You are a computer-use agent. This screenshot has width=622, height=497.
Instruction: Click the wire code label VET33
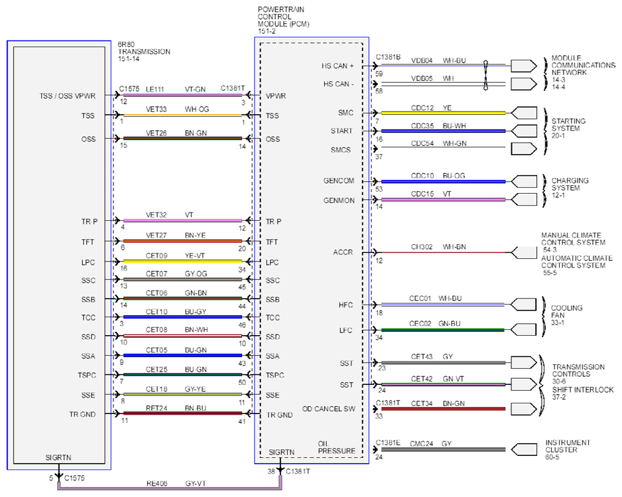click(156, 109)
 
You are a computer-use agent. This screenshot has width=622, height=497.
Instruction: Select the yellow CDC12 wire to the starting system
click(443, 113)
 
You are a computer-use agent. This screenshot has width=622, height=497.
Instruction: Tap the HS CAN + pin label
click(338, 66)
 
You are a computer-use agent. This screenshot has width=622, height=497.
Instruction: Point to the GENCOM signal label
click(339, 180)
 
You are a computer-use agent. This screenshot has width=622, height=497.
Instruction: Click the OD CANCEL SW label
click(328, 409)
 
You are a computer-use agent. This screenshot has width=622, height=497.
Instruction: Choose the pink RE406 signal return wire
click(170, 488)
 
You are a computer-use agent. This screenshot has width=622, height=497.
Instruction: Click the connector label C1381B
click(388, 57)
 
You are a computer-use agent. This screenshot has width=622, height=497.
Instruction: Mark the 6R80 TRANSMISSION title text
click(144, 52)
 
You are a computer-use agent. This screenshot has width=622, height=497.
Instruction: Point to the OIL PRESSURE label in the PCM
click(336, 447)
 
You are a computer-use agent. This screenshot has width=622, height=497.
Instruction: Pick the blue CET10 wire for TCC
click(182, 317)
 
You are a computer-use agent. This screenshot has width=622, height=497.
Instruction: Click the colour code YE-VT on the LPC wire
click(195, 255)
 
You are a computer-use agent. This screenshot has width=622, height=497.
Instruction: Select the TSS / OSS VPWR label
click(68, 96)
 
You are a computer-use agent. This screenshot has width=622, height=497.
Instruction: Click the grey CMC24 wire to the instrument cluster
click(443, 450)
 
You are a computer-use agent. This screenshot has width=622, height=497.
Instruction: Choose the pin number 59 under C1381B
click(379, 74)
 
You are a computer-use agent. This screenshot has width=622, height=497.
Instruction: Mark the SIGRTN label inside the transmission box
click(58, 458)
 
